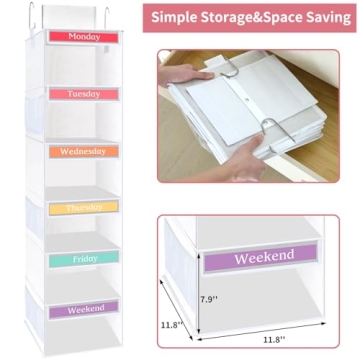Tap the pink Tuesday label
83,93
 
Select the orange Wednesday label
85,152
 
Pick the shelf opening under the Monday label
83,62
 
